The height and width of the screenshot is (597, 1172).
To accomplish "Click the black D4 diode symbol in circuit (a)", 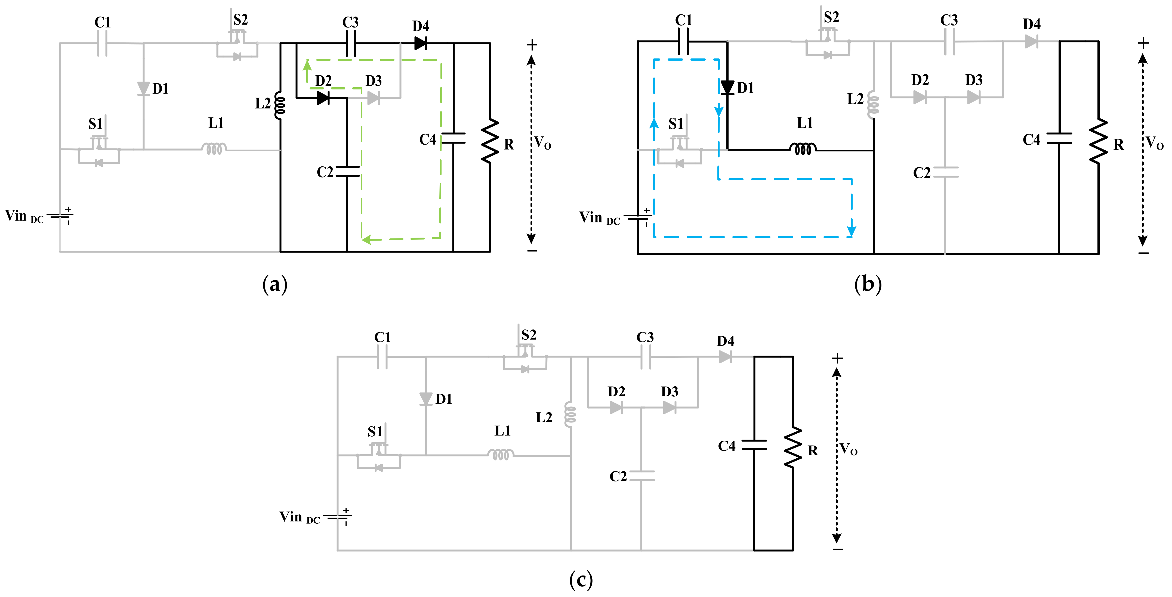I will pyautogui.click(x=420, y=44).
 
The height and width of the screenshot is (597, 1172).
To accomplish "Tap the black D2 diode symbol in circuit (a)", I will pyautogui.click(x=323, y=98).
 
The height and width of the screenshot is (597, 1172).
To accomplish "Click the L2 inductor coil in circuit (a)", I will pyautogui.click(x=279, y=105).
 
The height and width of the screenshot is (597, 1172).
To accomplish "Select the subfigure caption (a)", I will pyautogui.click(x=275, y=285).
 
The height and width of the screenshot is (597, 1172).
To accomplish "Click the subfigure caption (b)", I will pyautogui.click(x=868, y=285).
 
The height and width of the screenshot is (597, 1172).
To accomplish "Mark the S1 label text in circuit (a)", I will pyautogui.click(x=95, y=124).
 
